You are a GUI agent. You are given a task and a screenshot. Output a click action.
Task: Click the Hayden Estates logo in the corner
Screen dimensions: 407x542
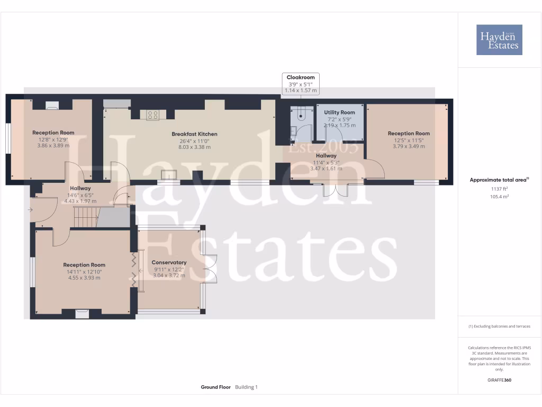(x=499, y=40)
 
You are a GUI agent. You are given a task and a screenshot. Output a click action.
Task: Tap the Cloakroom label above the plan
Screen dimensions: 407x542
(x=301, y=77)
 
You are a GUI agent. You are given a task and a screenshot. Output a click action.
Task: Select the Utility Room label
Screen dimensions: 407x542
(x=339, y=112)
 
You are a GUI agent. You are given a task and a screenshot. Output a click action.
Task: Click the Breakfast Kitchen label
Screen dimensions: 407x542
(x=194, y=134)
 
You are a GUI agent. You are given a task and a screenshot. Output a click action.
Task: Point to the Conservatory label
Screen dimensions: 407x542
(x=169, y=262)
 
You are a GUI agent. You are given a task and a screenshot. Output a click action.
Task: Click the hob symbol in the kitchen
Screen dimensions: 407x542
(x=152, y=114)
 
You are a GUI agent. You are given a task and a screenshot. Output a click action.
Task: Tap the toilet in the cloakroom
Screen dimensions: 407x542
(x=302, y=112)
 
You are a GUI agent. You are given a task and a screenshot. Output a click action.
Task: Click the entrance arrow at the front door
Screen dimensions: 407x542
(x=30, y=210)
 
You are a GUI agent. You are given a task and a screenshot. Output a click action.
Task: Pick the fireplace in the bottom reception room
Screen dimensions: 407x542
(x=82, y=313)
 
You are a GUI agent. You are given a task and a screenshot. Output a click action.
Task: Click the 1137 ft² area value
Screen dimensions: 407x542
(x=499, y=189)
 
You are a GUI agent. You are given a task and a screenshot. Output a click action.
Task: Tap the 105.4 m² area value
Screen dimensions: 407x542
(x=499, y=197)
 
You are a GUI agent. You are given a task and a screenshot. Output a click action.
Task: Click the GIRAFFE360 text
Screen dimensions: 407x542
(x=499, y=380)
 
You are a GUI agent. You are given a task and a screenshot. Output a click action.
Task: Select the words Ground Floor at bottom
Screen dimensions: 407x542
(x=215, y=387)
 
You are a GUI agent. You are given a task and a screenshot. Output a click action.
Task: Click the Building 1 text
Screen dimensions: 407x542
(x=246, y=387)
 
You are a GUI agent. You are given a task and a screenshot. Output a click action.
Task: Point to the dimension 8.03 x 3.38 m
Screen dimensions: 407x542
(x=194, y=147)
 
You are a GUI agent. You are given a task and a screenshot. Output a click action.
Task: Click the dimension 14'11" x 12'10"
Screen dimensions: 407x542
(x=84, y=271)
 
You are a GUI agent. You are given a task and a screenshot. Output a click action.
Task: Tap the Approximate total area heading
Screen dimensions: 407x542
(x=499, y=180)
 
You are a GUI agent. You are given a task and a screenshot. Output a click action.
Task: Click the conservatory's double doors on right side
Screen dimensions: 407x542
(x=210, y=269)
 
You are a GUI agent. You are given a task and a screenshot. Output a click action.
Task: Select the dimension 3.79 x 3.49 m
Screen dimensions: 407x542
(x=409, y=146)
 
